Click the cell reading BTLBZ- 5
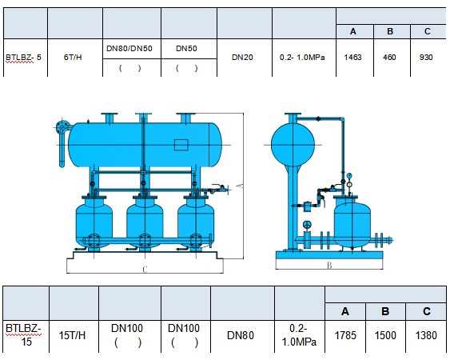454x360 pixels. (x=23, y=57)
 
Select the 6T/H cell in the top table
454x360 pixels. (x=73, y=57)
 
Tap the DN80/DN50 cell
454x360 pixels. (x=129, y=49)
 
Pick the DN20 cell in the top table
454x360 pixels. (x=242, y=57)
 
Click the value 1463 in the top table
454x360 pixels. (x=352, y=57)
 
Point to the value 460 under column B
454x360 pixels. (x=389, y=57)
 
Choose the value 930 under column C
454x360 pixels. (x=426, y=57)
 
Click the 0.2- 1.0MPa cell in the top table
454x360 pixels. (x=302, y=57)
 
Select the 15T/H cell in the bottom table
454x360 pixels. (x=72, y=335)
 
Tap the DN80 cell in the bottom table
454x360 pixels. (x=241, y=335)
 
